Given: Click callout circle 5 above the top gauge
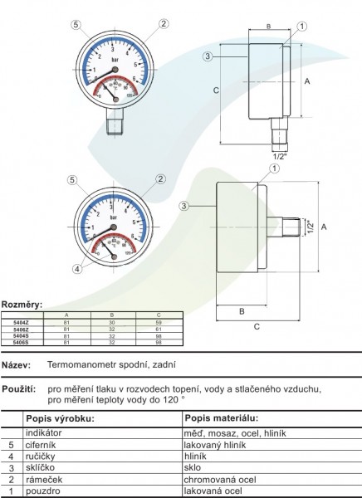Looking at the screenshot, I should pyautogui.click(x=76, y=25).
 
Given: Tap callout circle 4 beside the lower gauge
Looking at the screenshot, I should pyautogui.click(x=77, y=269).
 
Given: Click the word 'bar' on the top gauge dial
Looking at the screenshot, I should pyautogui.click(x=127, y=61).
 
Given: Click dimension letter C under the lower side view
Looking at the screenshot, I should pyautogui.click(x=257, y=327).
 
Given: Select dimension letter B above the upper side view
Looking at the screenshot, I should pyautogui.click(x=267, y=27).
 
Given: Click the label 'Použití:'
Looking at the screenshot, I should pyautogui.click(x=17, y=388).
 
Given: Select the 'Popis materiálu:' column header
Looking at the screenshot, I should pyautogui.click(x=222, y=417).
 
